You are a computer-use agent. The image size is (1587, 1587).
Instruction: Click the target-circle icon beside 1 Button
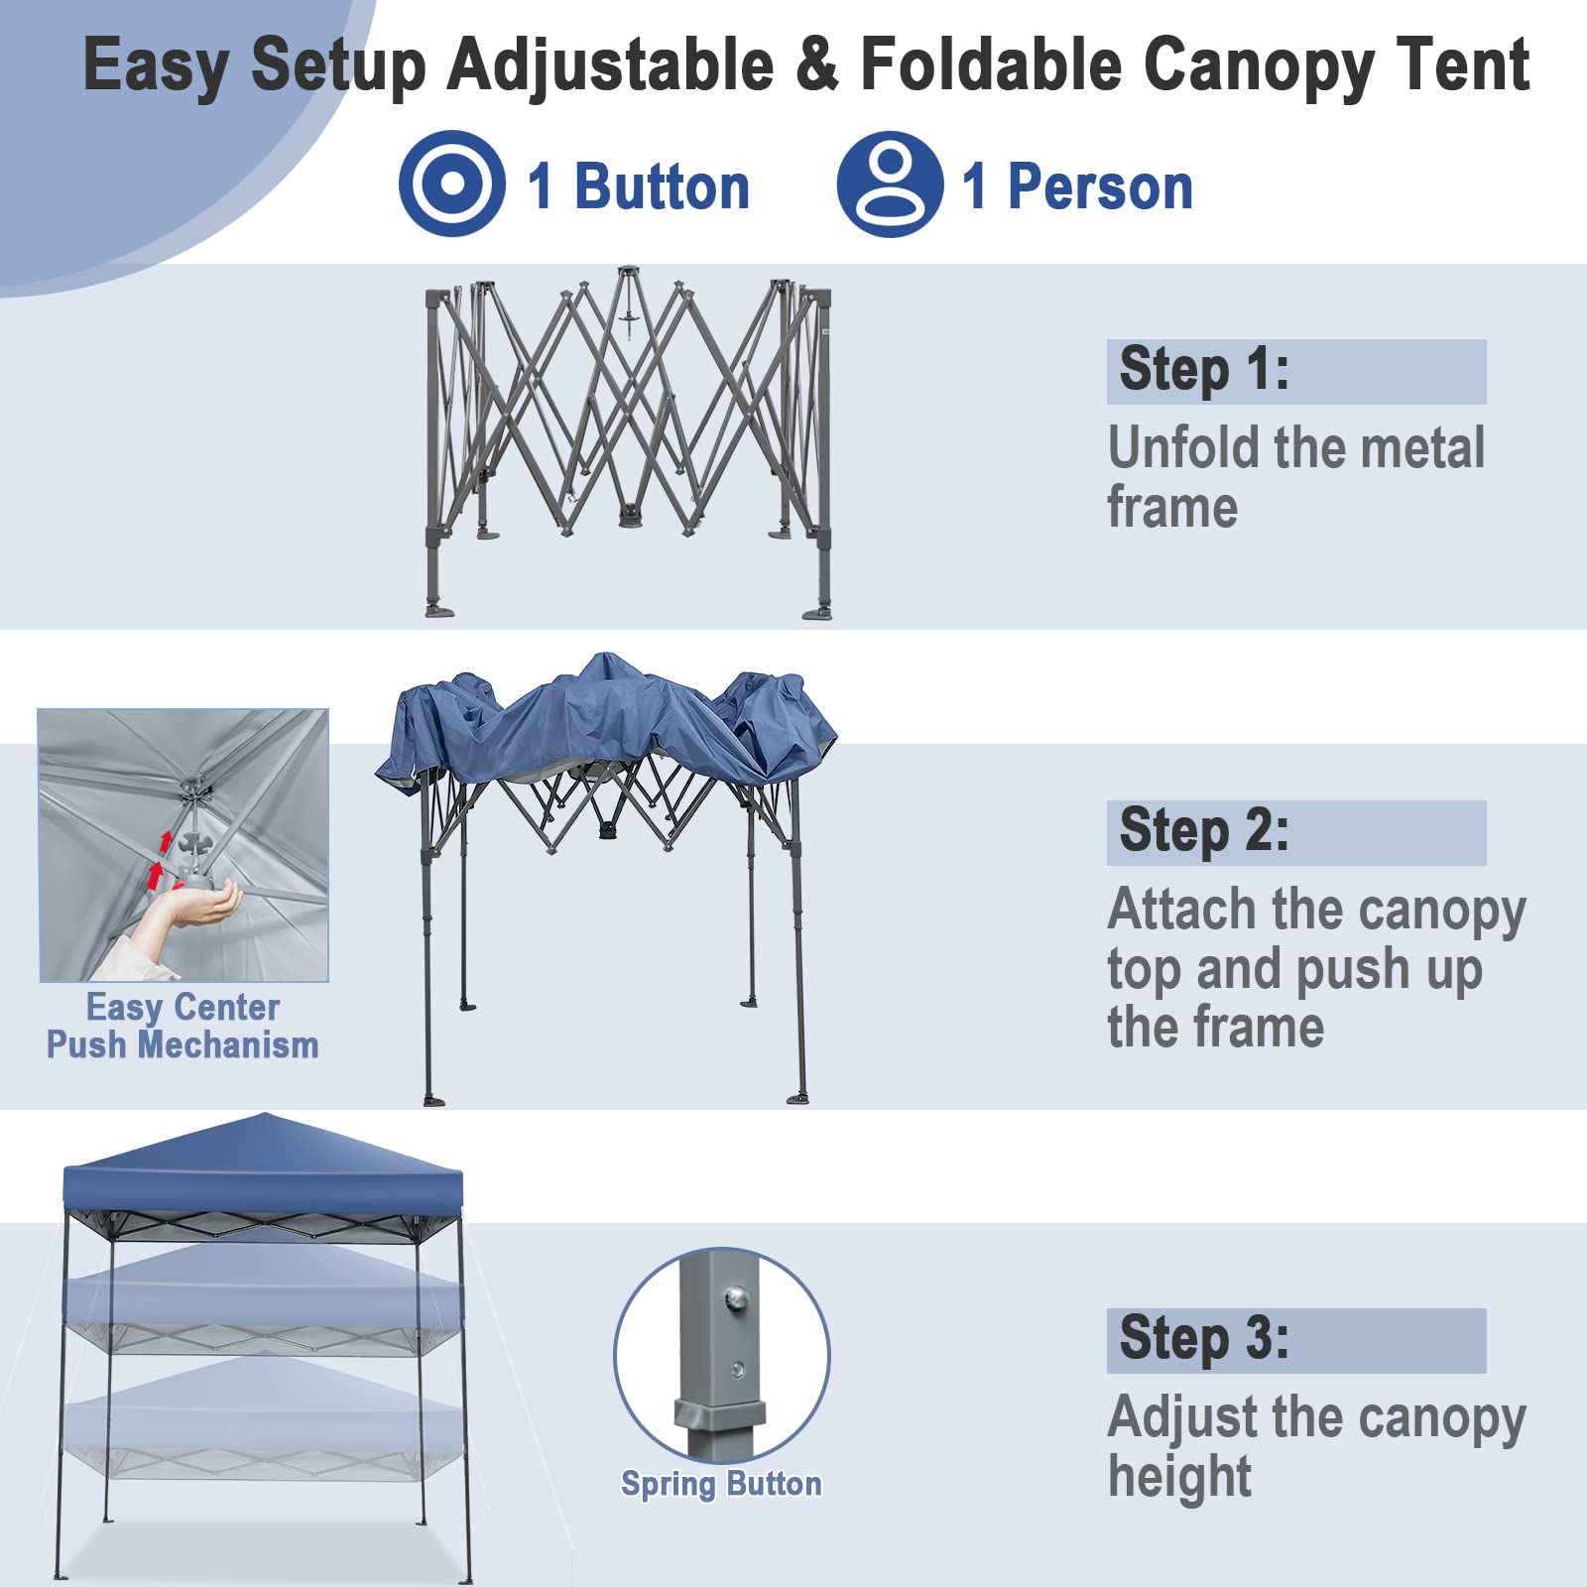(x=451, y=183)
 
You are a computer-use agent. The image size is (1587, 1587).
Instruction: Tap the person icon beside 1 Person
(x=889, y=183)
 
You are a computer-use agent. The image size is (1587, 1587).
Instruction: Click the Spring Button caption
(x=721, y=1484)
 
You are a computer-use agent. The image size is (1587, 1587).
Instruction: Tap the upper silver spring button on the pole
(x=735, y=1296)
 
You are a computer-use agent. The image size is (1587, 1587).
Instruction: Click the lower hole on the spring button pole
(x=737, y=1371)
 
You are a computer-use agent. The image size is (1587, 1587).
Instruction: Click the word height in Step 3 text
(x=1179, y=1478)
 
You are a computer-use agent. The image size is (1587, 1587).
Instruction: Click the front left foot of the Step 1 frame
(x=438, y=609)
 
